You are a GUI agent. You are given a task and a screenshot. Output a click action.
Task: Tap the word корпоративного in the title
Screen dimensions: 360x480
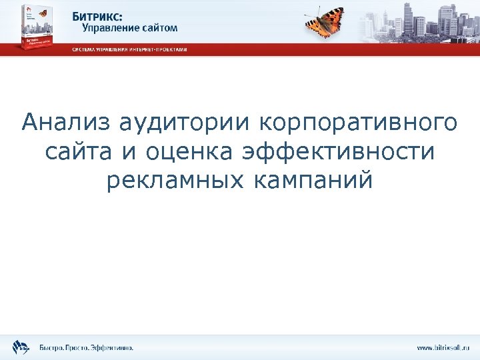357,123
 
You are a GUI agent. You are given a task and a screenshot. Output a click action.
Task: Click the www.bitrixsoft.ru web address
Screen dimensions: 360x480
443,347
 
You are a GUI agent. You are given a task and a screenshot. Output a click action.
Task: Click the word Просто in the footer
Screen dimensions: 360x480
79,347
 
